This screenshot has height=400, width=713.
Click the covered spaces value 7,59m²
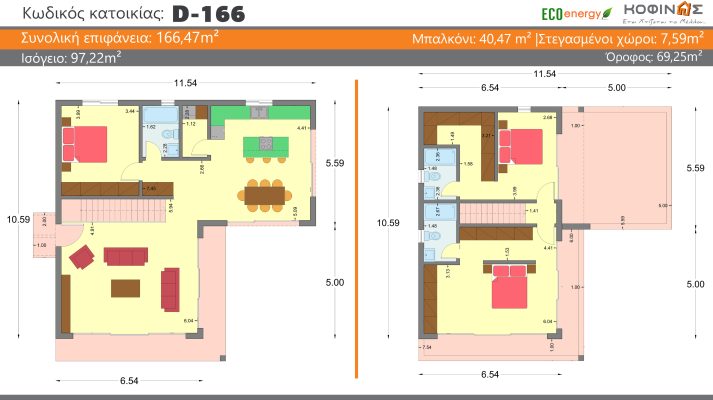pos(668,40)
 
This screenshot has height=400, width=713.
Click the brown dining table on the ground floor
pos(264,194)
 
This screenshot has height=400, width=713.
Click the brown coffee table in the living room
pos(126,288)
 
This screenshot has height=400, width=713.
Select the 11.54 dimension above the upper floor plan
pos(544,74)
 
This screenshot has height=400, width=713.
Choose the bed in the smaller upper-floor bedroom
pos(519,147)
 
